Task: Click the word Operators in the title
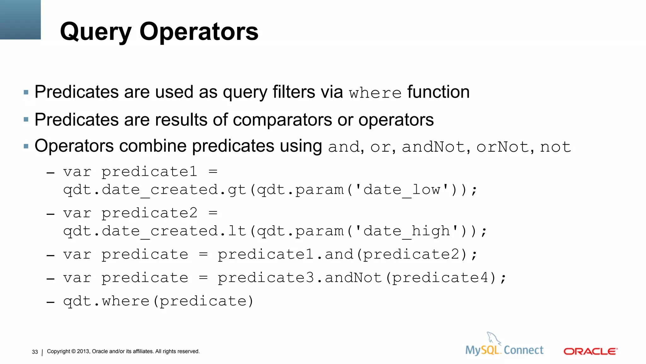pyautogui.click(x=199, y=32)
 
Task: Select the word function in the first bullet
pyautogui.click(x=438, y=92)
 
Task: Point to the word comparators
pyautogui.click(x=282, y=120)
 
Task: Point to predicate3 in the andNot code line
pyautogui.click(x=266, y=278)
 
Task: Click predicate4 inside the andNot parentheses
pyautogui.click(x=440, y=278)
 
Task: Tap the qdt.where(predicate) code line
pyautogui.click(x=158, y=301)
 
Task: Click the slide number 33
pyautogui.click(x=35, y=352)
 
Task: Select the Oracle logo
pyautogui.click(x=590, y=351)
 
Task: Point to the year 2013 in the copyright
pyautogui.click(x=83, y=351)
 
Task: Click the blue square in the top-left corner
pyautogui.click(x=20, y=20)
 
